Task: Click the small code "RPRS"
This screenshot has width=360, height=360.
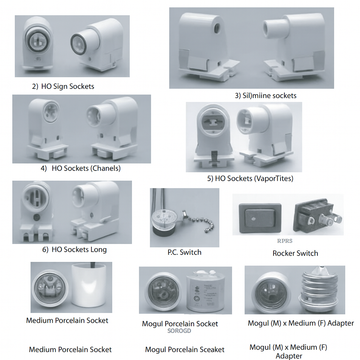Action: (269, 240)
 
